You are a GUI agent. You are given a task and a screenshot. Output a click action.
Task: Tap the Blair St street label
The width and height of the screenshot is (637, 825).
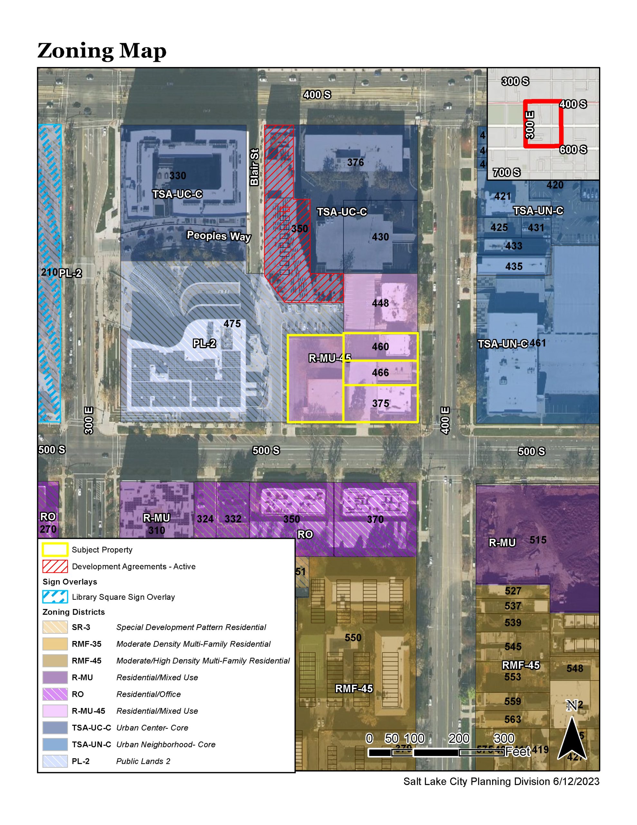(x=254, y=167)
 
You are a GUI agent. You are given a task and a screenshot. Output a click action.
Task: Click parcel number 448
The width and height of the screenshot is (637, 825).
(x=380, y=303)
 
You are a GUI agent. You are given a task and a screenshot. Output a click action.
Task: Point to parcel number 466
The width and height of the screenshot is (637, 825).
(x=380, y=373)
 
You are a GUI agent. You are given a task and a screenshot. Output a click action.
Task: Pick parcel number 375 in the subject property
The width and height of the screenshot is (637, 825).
(x=380, y=403)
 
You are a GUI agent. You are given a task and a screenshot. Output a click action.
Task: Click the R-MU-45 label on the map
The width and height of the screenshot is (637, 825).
(x=329, y=358)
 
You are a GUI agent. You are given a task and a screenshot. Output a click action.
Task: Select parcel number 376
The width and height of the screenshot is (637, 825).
(x=355, y=162)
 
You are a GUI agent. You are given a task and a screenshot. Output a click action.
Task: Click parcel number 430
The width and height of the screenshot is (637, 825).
(x=380, y=237)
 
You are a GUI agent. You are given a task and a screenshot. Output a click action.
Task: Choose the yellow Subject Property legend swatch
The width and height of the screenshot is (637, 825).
(x=55, y=549)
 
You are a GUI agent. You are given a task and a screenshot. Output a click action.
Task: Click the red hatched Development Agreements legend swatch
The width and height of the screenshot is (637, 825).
(x=55, y=566)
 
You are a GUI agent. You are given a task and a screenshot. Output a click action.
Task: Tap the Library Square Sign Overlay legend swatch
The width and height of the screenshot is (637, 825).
(x=55, y=597)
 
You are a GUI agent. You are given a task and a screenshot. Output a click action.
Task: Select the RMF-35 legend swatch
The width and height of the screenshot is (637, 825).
(x=55, y=644)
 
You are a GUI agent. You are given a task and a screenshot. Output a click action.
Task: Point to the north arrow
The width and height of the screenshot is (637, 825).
(x=572, y=737)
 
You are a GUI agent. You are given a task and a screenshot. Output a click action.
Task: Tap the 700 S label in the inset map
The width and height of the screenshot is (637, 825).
(x=506, y=172)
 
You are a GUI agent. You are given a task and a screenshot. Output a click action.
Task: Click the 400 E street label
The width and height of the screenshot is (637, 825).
(x=446, y=420)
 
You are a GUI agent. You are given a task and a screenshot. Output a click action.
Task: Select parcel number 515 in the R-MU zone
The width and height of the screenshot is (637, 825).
(x=538, y=540)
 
